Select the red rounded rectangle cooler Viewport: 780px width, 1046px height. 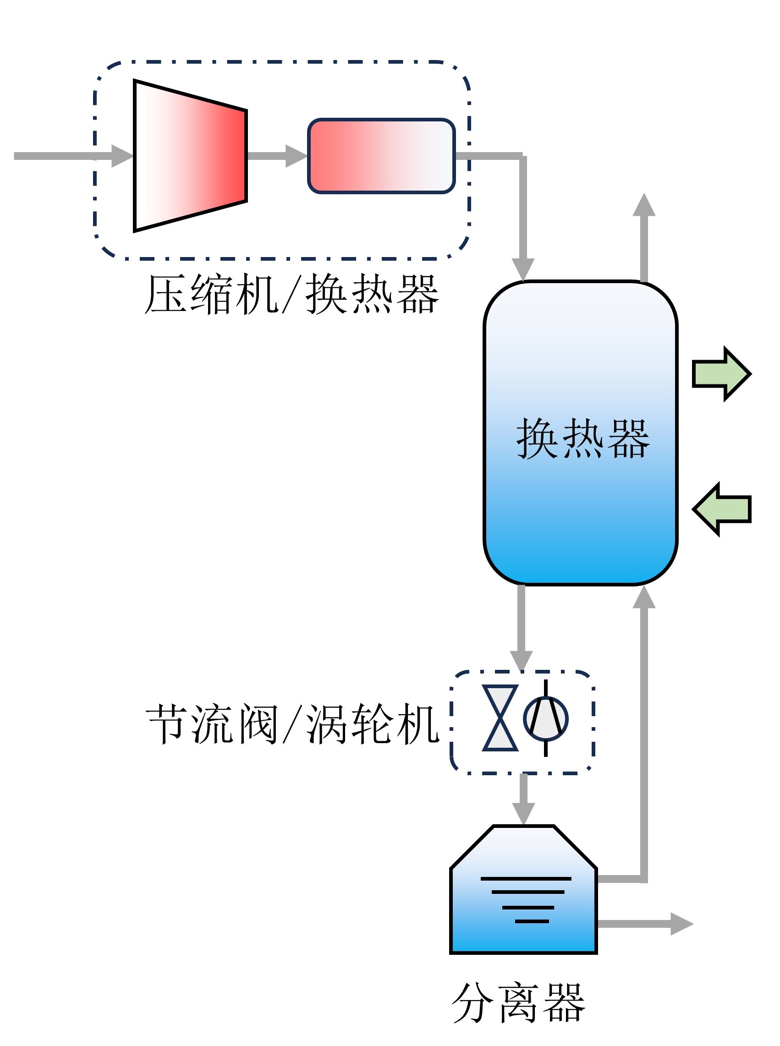(381, 156)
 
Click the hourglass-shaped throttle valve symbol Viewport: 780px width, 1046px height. (500, 718)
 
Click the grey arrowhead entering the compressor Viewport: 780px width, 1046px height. (122, 156)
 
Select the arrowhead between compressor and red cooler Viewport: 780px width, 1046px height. (296, 156)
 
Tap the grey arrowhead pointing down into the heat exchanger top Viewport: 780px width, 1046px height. (523, 269)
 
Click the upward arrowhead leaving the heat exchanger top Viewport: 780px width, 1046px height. (644, 205)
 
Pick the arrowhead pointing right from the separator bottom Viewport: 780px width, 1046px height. (681, 924)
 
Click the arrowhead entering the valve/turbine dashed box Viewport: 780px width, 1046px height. (521, 660)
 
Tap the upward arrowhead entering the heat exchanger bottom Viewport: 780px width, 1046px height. (644, 597)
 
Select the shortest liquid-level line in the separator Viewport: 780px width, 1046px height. (532, 921)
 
